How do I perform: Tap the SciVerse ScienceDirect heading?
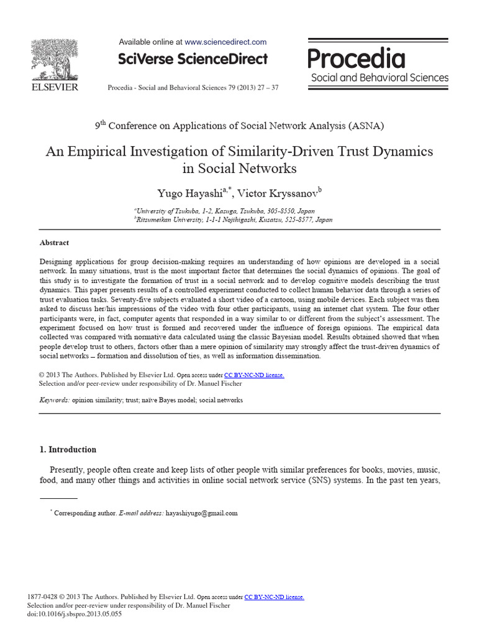(193, 59)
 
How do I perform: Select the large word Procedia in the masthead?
(357, 59)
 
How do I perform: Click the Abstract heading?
(54, 243)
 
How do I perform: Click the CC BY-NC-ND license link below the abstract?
(253, 375)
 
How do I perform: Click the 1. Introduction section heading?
(68, 450)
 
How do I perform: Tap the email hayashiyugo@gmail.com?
(202, 513)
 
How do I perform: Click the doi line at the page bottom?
(75, 614)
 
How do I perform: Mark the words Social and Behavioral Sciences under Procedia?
(379, 78)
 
